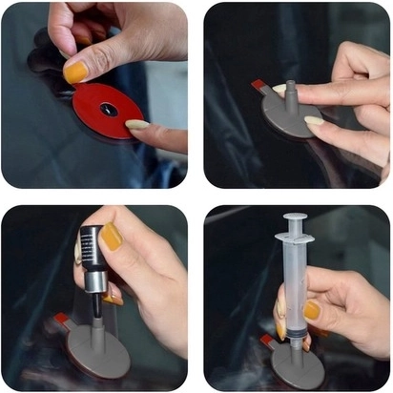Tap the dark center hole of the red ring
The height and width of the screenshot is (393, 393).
point(108,110)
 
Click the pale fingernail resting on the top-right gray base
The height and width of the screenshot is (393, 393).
point(312,121)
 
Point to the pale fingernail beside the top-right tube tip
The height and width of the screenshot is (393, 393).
point(279,90)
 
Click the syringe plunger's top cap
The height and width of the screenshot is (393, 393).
point(295,218)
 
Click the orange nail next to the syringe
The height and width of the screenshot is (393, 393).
point(312,310)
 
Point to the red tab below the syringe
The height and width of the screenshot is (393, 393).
point(267,339)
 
